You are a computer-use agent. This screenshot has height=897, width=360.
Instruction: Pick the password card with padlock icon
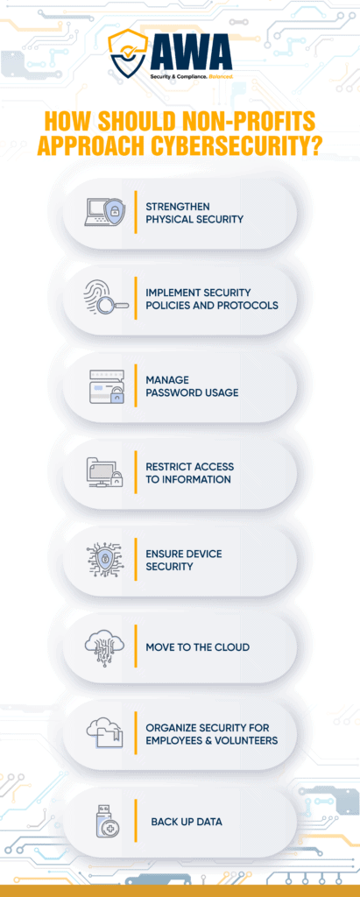(x=106, y=386)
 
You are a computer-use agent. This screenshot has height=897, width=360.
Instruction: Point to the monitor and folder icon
(x=105, y=473)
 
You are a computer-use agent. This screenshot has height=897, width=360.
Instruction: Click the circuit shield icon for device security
(x=105, y=560)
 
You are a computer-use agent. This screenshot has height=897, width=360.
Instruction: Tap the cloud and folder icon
(x=105, y=733)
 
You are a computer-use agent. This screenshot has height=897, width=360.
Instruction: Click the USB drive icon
(x=107, y=822)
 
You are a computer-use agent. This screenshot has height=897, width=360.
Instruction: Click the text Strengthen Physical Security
(x=195, y=212)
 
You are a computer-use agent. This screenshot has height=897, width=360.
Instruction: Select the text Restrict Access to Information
(x=189, y=473)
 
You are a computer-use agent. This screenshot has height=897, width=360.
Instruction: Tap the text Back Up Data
(x=187, y=822)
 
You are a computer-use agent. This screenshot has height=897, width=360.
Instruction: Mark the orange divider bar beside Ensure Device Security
(x=136, y=560)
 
